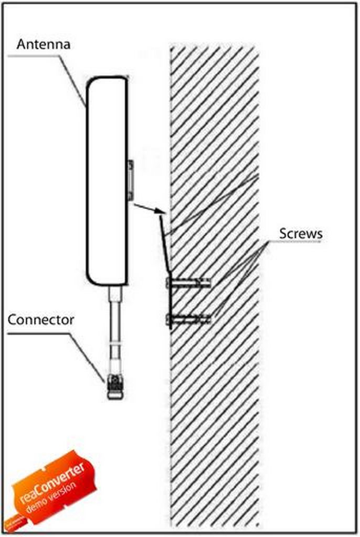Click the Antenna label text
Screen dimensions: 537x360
[x=43, y=44]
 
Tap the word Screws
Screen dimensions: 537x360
[x=300, y=233]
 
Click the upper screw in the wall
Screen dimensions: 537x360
[x=189, y=284]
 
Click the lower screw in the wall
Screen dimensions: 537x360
[x=189, y=318]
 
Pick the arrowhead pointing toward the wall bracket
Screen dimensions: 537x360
[x=160, y=212]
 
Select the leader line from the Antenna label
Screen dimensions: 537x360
[x=71, y=79]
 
